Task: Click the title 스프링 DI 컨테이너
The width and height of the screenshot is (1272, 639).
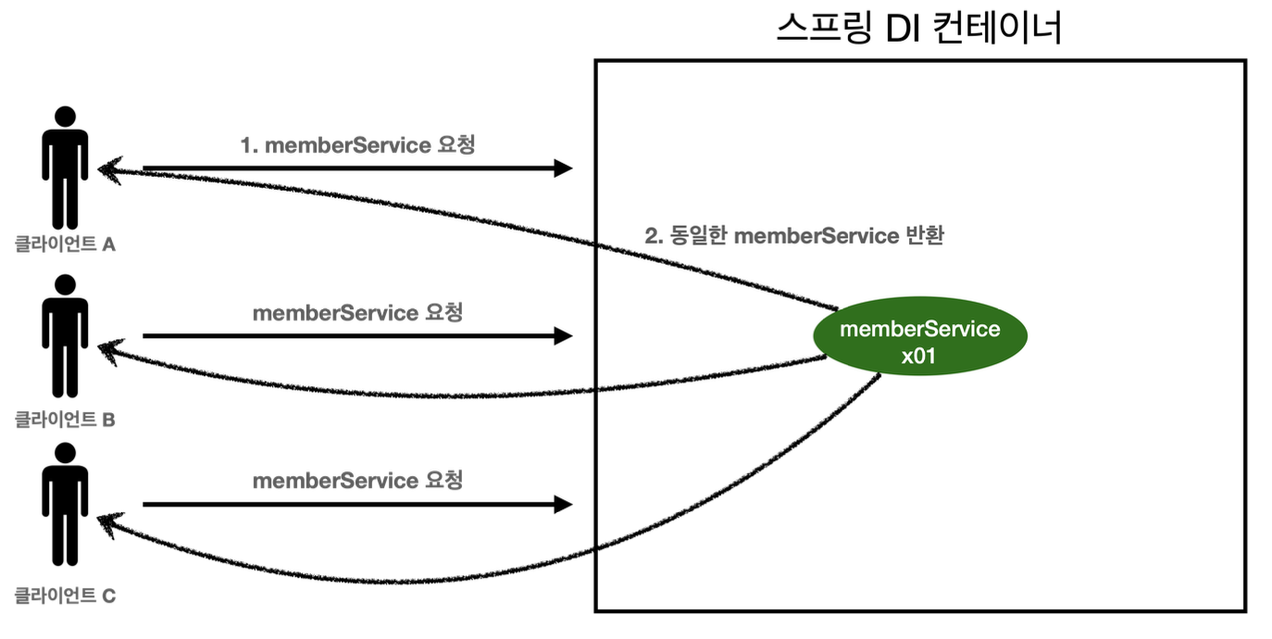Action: [x=918, y=28]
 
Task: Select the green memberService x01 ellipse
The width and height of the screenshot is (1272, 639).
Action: [x=920, y=335]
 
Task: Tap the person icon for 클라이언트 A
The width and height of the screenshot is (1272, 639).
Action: [x=65, y=168]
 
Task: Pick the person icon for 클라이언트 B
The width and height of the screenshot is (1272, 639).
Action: [x=65, y=335]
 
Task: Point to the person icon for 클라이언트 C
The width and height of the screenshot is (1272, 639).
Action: [x=65, y=505]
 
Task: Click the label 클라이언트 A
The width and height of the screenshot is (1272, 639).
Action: [x=65, y=244]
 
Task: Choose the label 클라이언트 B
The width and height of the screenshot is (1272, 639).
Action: [x=65, y=420]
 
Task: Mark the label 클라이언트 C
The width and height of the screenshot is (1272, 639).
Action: [x=65, y=595]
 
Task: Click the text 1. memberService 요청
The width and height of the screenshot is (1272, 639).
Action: [x=357, y=144]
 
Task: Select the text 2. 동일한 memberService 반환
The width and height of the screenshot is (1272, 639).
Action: [x=794, y=235]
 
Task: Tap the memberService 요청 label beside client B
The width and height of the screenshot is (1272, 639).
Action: [x=357, y=312]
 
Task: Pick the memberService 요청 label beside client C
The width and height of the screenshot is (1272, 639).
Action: [x=357, y=481]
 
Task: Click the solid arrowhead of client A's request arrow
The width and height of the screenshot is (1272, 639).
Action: [x=563, y=169]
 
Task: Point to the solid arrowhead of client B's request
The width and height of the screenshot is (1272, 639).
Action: [x=563, y=335]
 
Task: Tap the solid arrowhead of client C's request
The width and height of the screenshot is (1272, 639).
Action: [x=563, y=505]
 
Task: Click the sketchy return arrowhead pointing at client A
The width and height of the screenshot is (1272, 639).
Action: [x=109, y=170]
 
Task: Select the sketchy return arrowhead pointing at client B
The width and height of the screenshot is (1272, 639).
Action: [x=110, y=351]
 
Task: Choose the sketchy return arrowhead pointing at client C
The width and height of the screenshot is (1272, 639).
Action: [x=109, y=525]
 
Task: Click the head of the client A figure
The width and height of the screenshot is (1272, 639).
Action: [x=66, y=117]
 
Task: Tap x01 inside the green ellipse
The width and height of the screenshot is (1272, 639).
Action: [x=918, y=357]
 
